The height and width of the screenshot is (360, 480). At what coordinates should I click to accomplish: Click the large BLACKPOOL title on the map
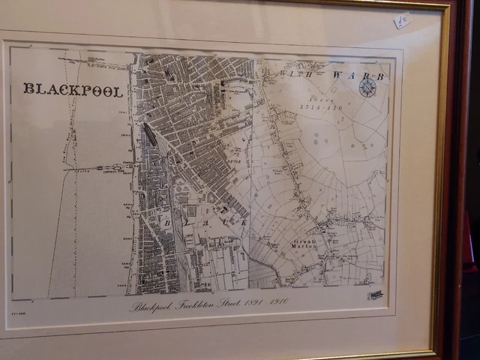(x=73, y=89)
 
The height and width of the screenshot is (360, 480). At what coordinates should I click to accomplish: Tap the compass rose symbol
(x=367, y=87)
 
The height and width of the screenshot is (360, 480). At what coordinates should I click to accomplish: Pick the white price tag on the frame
(x=403, y=20)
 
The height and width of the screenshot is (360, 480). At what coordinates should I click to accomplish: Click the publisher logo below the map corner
(x=375, y=295)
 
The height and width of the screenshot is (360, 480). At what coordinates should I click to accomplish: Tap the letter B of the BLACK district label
(x=167, y=222)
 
